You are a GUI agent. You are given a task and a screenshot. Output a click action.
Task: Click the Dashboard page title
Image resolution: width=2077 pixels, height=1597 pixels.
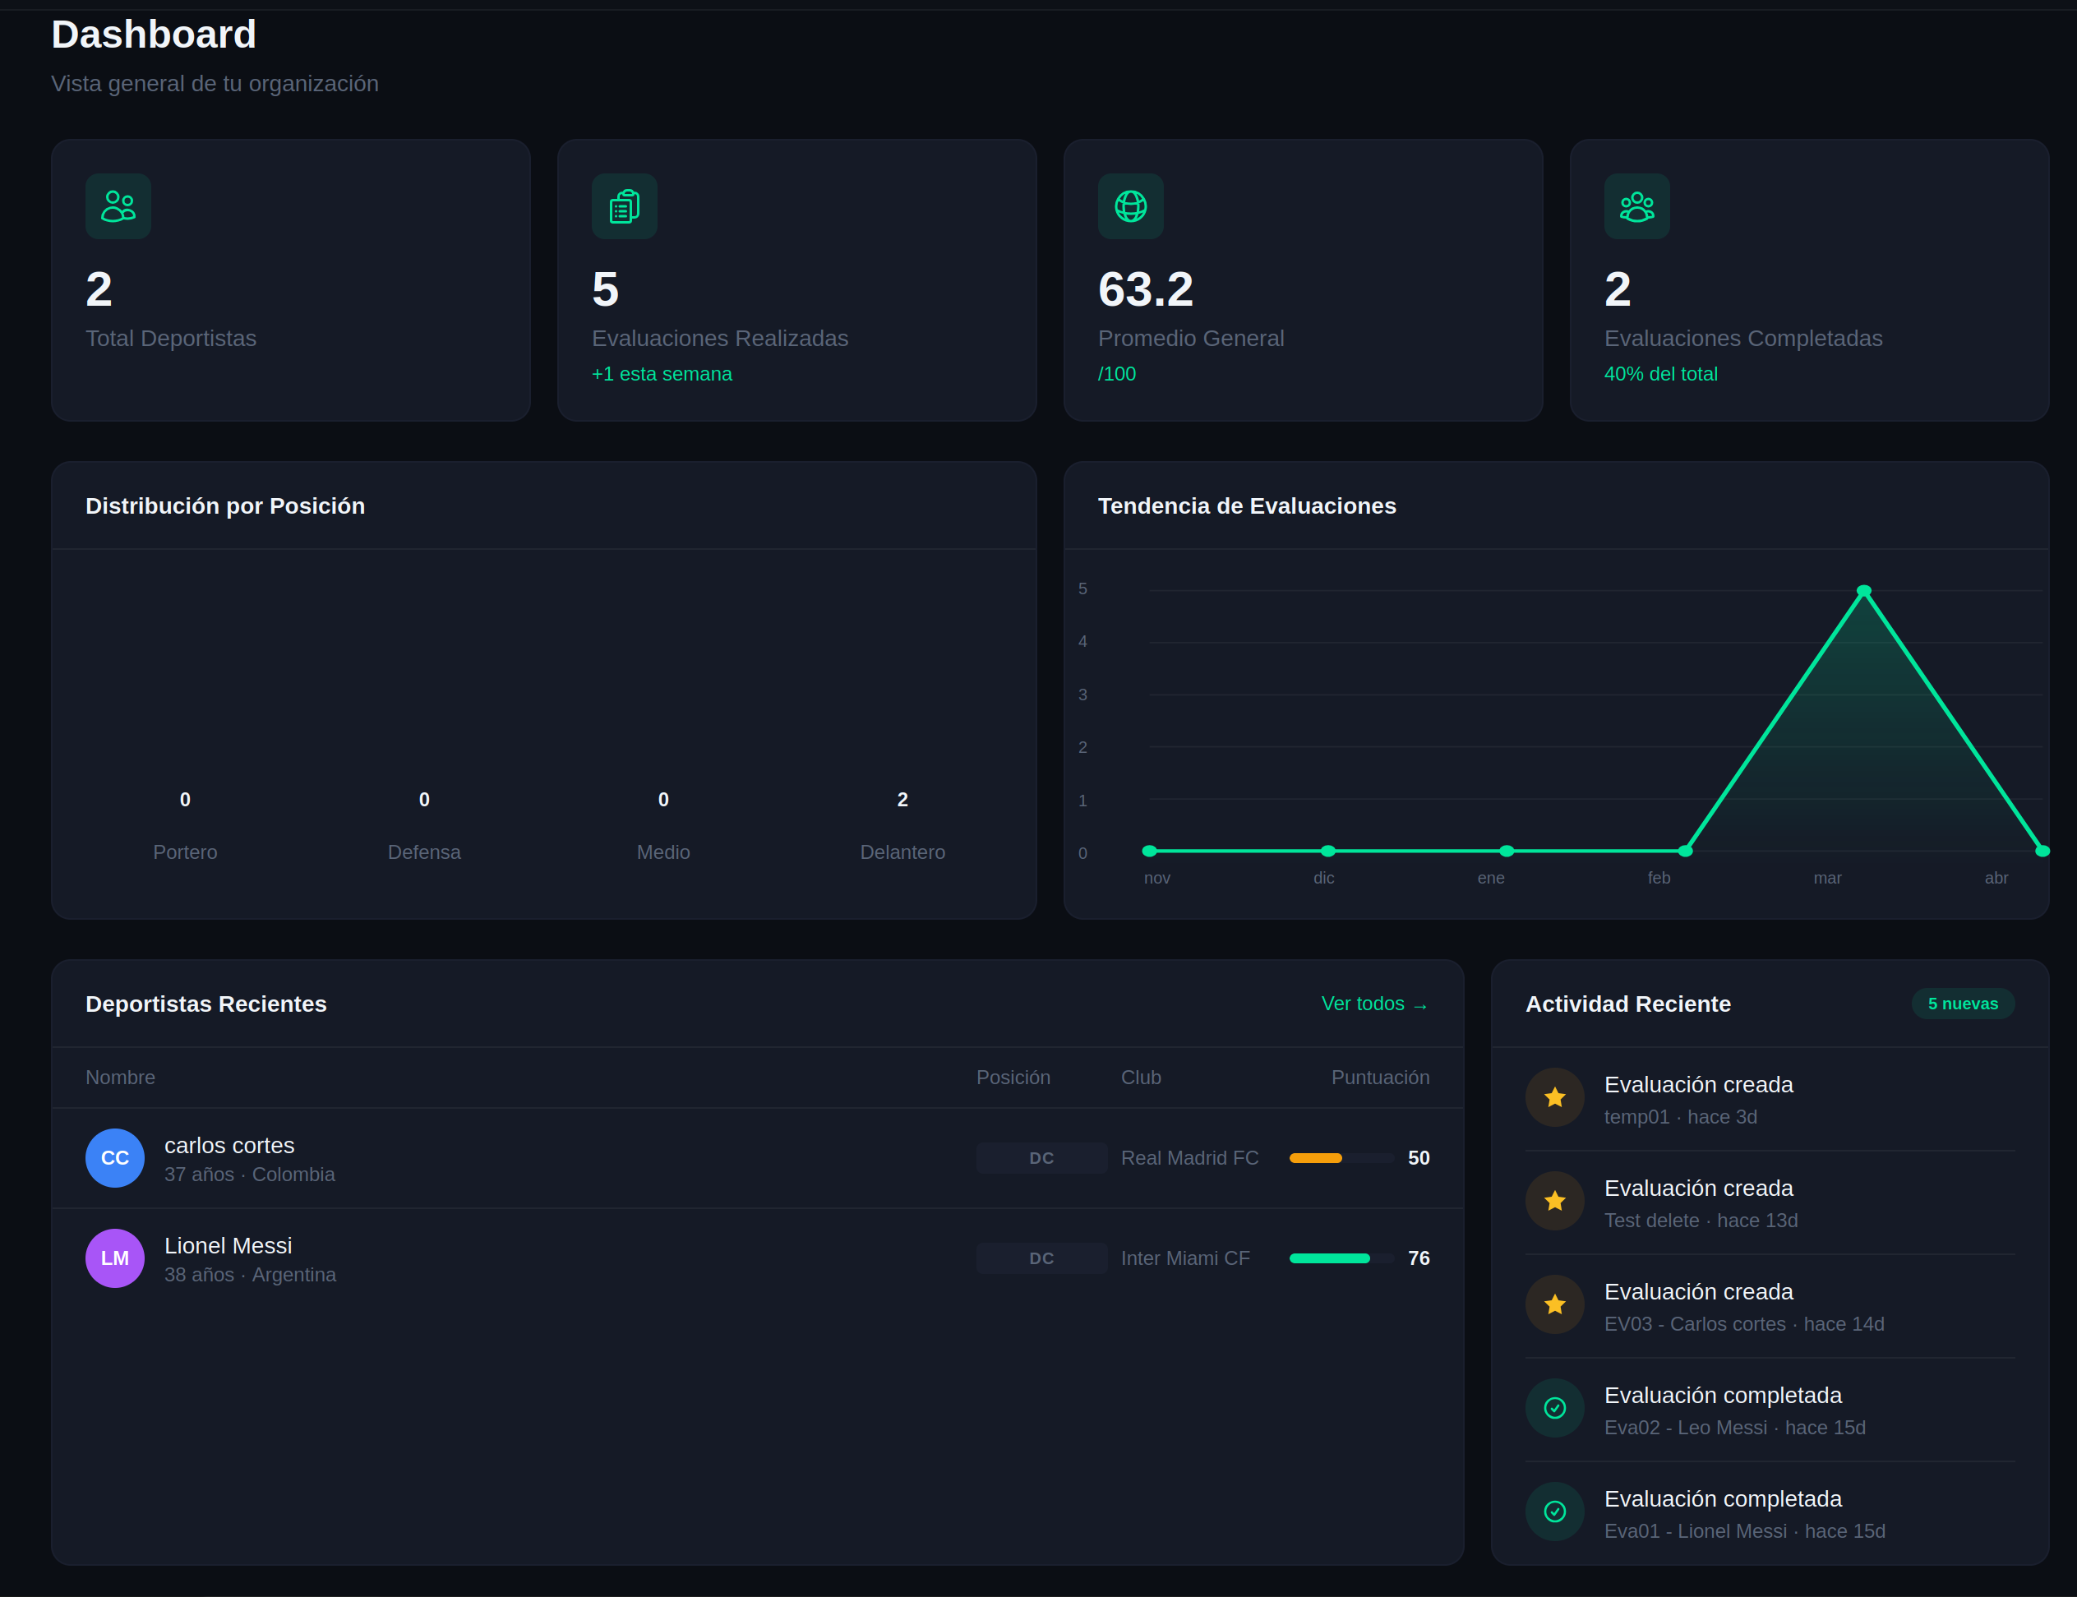click(153, 35)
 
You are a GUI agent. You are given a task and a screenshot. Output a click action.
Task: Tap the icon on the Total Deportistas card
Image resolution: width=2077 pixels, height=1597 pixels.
click(118, 206)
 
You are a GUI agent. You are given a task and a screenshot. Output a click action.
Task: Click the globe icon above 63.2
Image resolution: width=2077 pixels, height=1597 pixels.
click(1130, 206)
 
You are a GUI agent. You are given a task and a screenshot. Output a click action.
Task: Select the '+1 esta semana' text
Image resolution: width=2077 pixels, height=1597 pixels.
click(662, 374)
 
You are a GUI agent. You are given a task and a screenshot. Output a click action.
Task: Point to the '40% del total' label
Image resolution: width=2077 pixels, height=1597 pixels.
click(1660, 374)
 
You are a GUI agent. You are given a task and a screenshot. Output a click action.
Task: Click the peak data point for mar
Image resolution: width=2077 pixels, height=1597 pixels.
click(1863, 591)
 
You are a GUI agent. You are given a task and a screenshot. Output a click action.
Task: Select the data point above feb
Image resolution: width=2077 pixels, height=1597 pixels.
click(1686, 851)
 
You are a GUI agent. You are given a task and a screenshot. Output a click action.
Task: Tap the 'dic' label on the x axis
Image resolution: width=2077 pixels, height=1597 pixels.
click(1323, 877)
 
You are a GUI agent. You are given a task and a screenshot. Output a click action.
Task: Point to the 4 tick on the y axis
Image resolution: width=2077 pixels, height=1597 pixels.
click(1082, 642)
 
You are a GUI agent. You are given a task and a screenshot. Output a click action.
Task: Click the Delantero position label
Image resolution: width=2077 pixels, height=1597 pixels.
click(902, 852)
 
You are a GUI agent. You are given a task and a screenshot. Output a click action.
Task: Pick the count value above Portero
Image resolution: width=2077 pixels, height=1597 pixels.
click(186, 800)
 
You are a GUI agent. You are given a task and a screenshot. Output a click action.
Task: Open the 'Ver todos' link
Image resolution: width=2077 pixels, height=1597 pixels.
click(1373, 1004)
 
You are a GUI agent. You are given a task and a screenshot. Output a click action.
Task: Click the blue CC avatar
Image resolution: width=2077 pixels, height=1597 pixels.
click(115, 1158)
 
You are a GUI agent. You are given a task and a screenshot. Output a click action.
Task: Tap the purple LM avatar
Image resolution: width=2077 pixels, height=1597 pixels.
click(115, 1258)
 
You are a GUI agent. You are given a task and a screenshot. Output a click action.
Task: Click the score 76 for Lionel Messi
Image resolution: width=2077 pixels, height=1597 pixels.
click(1419, 1258)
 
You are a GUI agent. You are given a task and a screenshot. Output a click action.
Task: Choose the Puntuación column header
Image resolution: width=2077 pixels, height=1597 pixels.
click(1379, 1077)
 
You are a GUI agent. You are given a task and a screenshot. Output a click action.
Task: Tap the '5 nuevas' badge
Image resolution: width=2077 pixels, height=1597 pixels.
click(1962, 1004)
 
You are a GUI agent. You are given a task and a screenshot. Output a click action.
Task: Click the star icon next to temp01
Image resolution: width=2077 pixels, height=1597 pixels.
click(1554, 1098)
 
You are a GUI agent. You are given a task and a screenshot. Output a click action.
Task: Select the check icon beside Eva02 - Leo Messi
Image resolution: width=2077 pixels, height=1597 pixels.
click(1554, 1408)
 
